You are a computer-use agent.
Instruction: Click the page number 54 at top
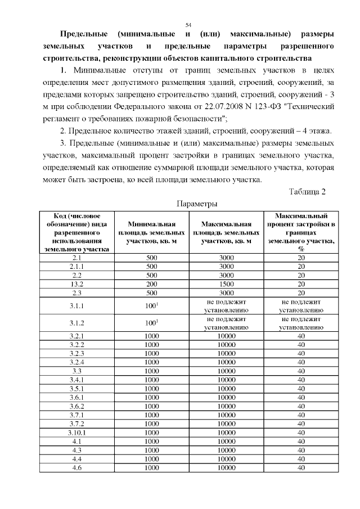[188, 25]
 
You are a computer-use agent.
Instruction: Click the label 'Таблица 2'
[307, 192]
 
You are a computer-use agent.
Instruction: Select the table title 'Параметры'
[197, 203]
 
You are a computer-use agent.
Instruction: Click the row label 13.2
[77, 284]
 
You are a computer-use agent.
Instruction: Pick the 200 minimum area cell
[152, 284]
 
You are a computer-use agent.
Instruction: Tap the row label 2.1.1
[77, 266]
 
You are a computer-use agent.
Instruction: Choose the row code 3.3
[77, 371]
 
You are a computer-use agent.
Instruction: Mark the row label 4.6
[77, 467]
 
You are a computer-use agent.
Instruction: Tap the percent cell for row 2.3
[301, 292]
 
